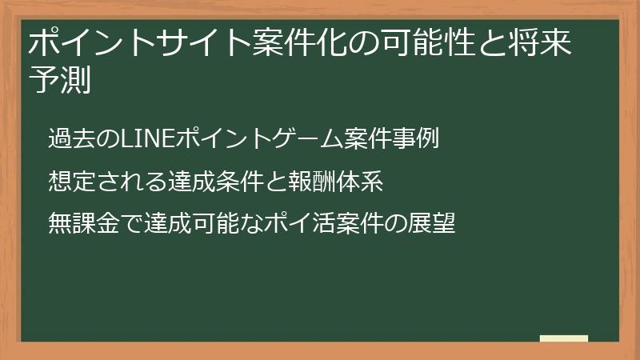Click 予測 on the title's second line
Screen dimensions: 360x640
(x=58, y=81)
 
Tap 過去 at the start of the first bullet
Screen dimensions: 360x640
(x=68, y=138)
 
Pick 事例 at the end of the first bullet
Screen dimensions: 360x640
(x=419, y=138)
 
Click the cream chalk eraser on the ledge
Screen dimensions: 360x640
(x=563, y=338)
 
